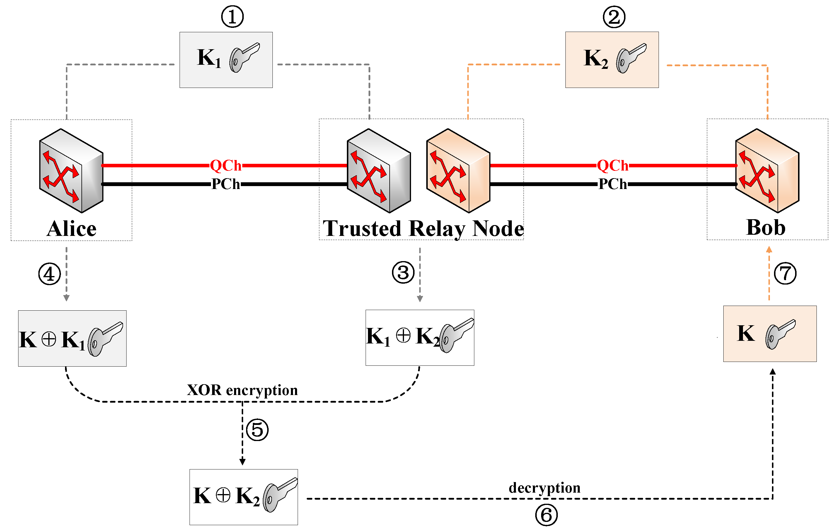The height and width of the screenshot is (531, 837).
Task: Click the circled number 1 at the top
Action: [232, 17]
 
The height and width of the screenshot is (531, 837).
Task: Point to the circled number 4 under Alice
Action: [49, 274]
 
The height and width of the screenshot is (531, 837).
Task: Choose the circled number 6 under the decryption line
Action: [546, 515]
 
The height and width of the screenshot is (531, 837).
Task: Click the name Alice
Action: [71, 229]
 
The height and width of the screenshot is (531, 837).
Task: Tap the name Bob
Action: [766, 227]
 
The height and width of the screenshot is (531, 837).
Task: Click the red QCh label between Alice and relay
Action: [226, 166]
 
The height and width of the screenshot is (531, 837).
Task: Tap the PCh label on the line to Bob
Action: [613, 184]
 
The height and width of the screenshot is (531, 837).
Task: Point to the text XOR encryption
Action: [242, 390]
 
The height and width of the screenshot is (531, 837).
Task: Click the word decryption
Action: [544, 488]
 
